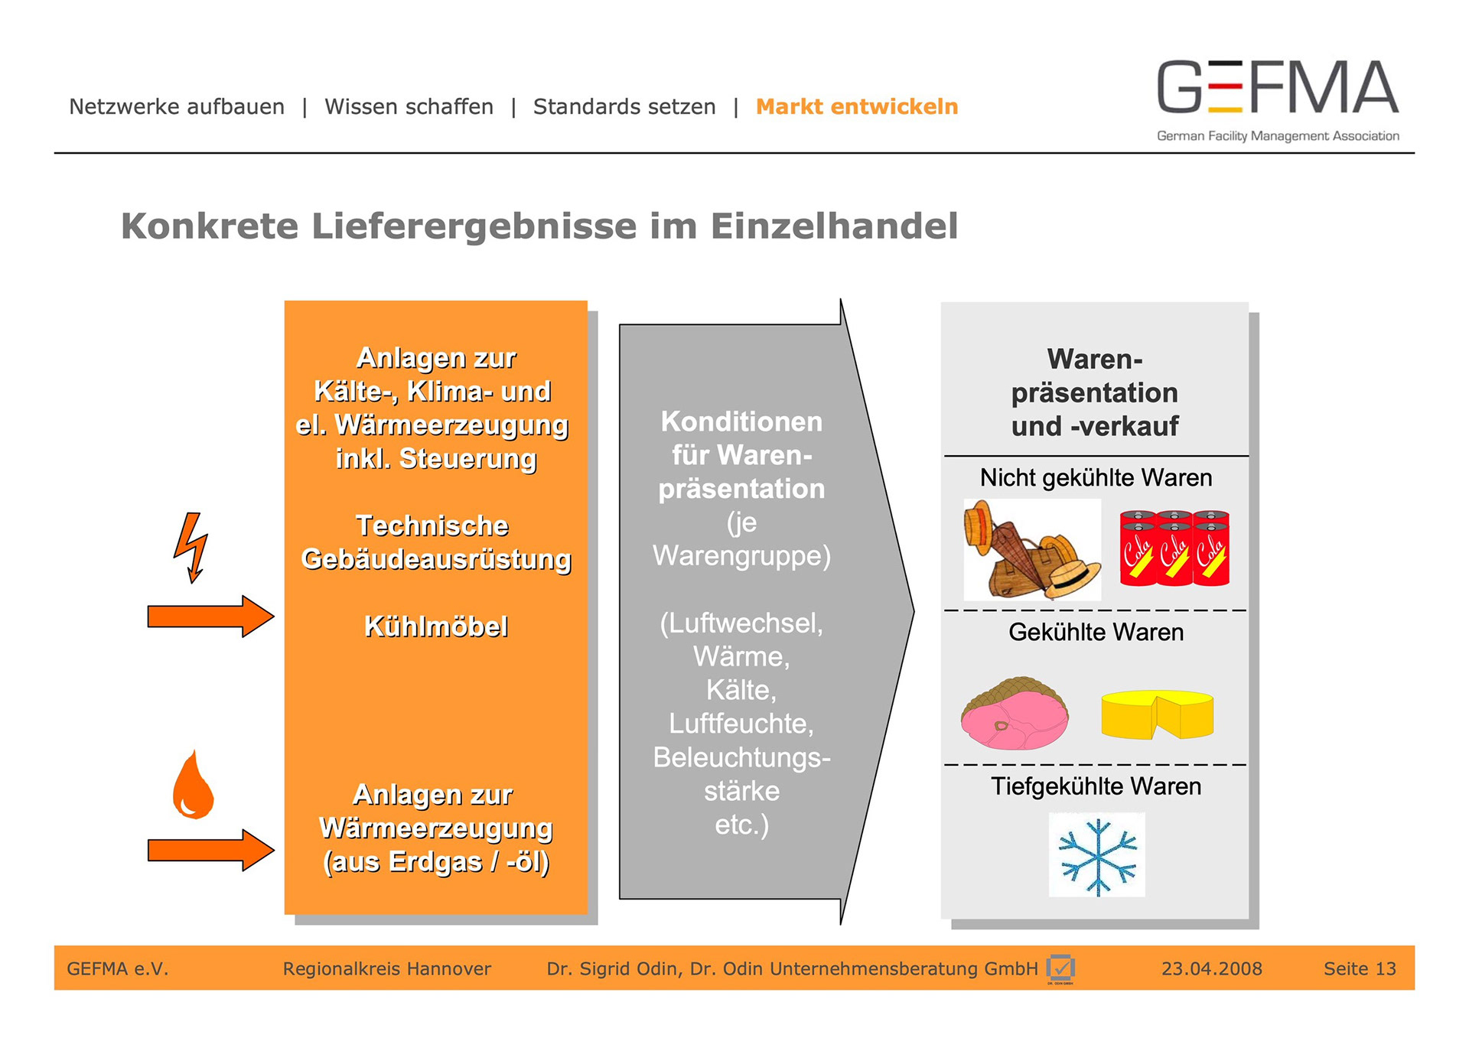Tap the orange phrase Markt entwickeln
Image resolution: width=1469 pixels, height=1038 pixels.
pyautogui.click(x=856, y=106)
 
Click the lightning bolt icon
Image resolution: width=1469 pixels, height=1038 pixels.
pyautogui.click(x=191, y=547)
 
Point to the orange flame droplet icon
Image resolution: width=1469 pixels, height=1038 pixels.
pyautogui.click(x=193, y=786)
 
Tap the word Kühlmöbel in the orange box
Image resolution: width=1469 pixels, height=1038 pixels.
pyautogui.click(x=435, y=626)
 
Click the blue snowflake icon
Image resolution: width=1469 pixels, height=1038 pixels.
pyautogui.click(x=1097, y=856)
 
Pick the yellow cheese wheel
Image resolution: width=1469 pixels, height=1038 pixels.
pyautogui.click(x=1157, y=714)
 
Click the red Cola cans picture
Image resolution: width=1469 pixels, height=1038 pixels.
pyautogui.click(x=1174, y=548)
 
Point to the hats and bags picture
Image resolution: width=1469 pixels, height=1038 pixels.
pyautogui.click(x=1031, y=550)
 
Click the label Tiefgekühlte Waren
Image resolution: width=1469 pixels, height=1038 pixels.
pyautogui.click(x=1096, y=786)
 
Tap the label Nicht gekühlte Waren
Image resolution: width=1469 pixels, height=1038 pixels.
pyautogui.click(x=1096, y=478)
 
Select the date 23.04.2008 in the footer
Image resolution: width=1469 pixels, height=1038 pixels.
pyautogui.click(x=1211, y=968)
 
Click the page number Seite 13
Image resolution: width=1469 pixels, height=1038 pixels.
pyautogui.click(x=1360, y=968)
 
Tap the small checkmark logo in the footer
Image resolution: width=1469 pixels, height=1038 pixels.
pyautogui.click(x=1060, y=968)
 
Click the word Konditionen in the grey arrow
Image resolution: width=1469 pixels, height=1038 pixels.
pyautogui.click(x=741, y=421)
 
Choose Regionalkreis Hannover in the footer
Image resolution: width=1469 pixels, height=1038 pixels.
pyautogui.click(x=386, y=968)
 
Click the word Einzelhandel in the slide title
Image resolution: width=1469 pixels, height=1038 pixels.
pyautogui.click(x=834, y=226)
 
